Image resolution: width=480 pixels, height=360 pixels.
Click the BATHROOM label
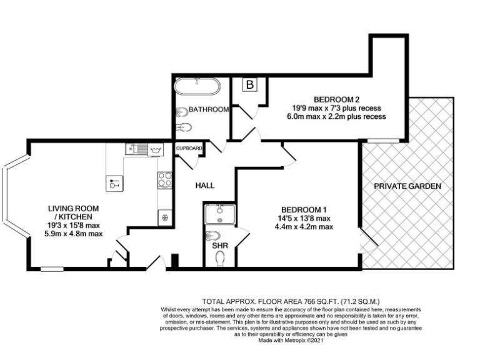[x=209, y=109]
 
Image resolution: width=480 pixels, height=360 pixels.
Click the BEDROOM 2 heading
[x=337, y=99]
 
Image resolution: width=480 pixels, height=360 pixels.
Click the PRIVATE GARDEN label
[x=407, y=186]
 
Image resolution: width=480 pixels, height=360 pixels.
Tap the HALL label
[x=205, y=186]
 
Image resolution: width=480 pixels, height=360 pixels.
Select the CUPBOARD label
[x=189, y=148]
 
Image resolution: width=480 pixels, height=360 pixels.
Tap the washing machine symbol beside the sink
[x=155, y=150]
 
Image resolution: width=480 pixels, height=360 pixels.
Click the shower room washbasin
[x=219, y=213]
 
